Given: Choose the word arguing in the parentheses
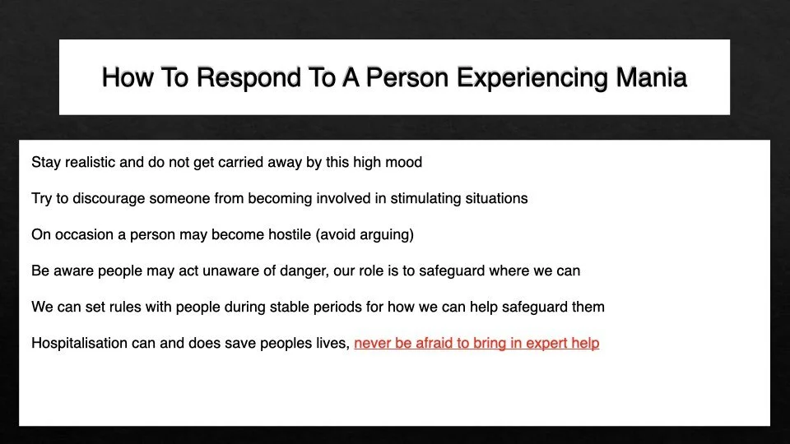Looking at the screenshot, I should (x=384, y=234).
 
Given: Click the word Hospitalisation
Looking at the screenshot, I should (x=79, y=343).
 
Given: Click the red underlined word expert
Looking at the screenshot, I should (x=545, y=343).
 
